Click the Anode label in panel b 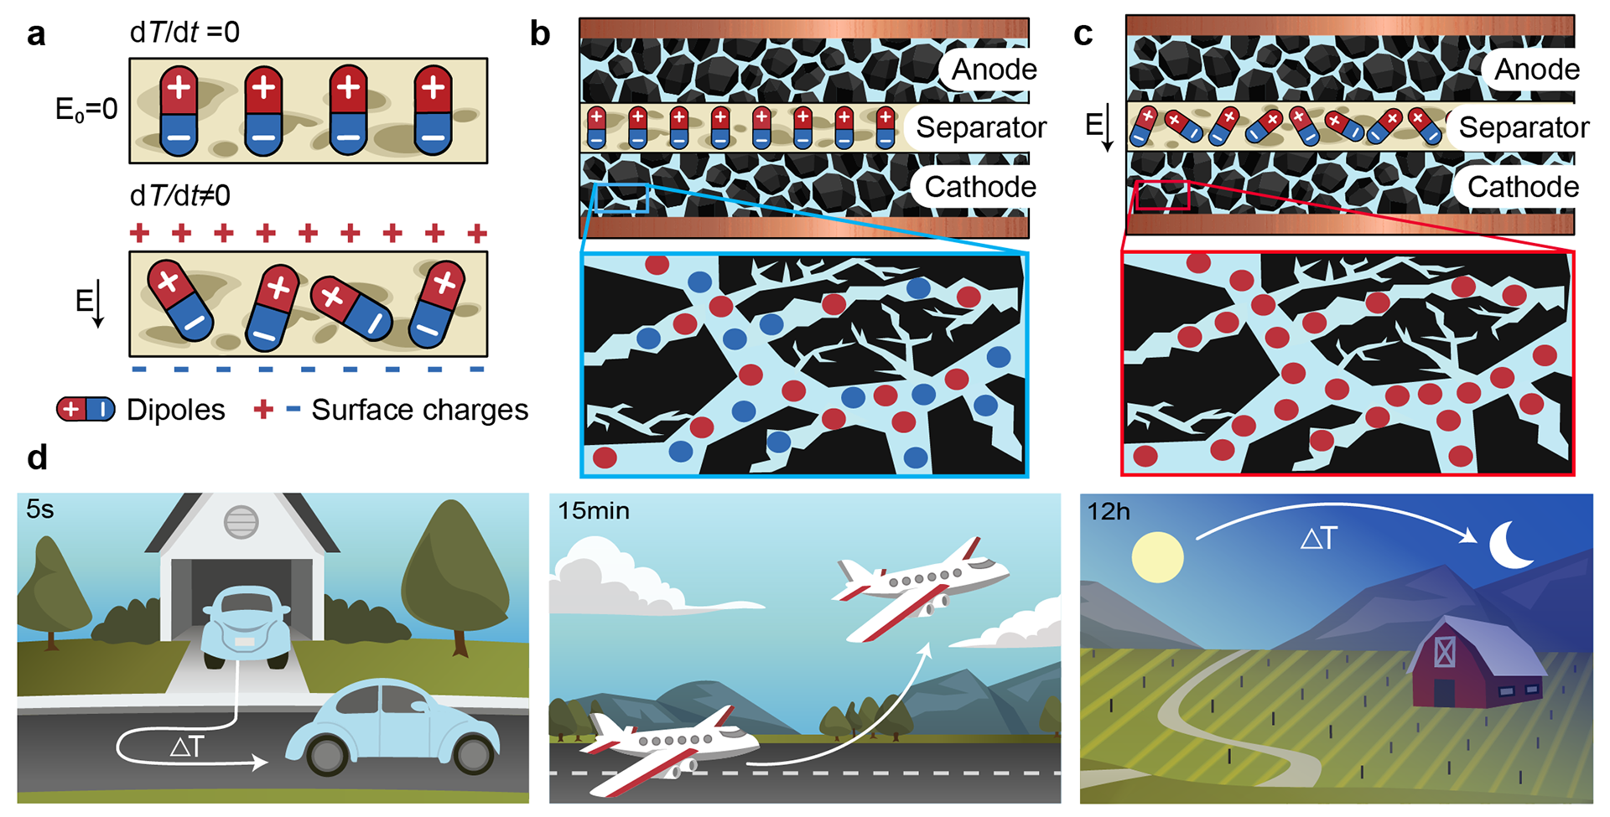point(994,70)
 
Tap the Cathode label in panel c point(1523,187)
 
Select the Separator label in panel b point(980,127)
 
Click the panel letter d point(37,458)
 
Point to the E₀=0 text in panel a point(86,110)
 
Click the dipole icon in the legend point(86,410)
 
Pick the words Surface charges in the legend point(419,410)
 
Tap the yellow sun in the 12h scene point(1157,556)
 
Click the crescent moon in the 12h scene point(1510,546)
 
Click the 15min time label point(594,510)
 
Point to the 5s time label point(40,509)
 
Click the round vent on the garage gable point(241,522)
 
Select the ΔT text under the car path point(186,747)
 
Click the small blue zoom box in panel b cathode point(621,199)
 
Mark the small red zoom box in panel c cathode point(1162,195)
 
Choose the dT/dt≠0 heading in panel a point(180,196)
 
